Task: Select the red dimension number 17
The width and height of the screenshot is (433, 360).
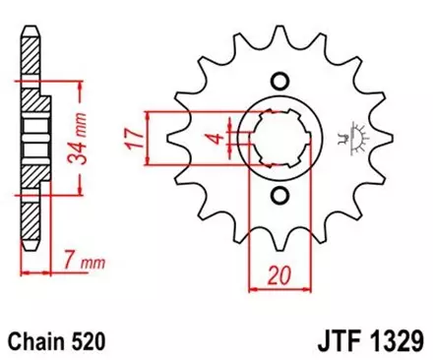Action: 131,137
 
